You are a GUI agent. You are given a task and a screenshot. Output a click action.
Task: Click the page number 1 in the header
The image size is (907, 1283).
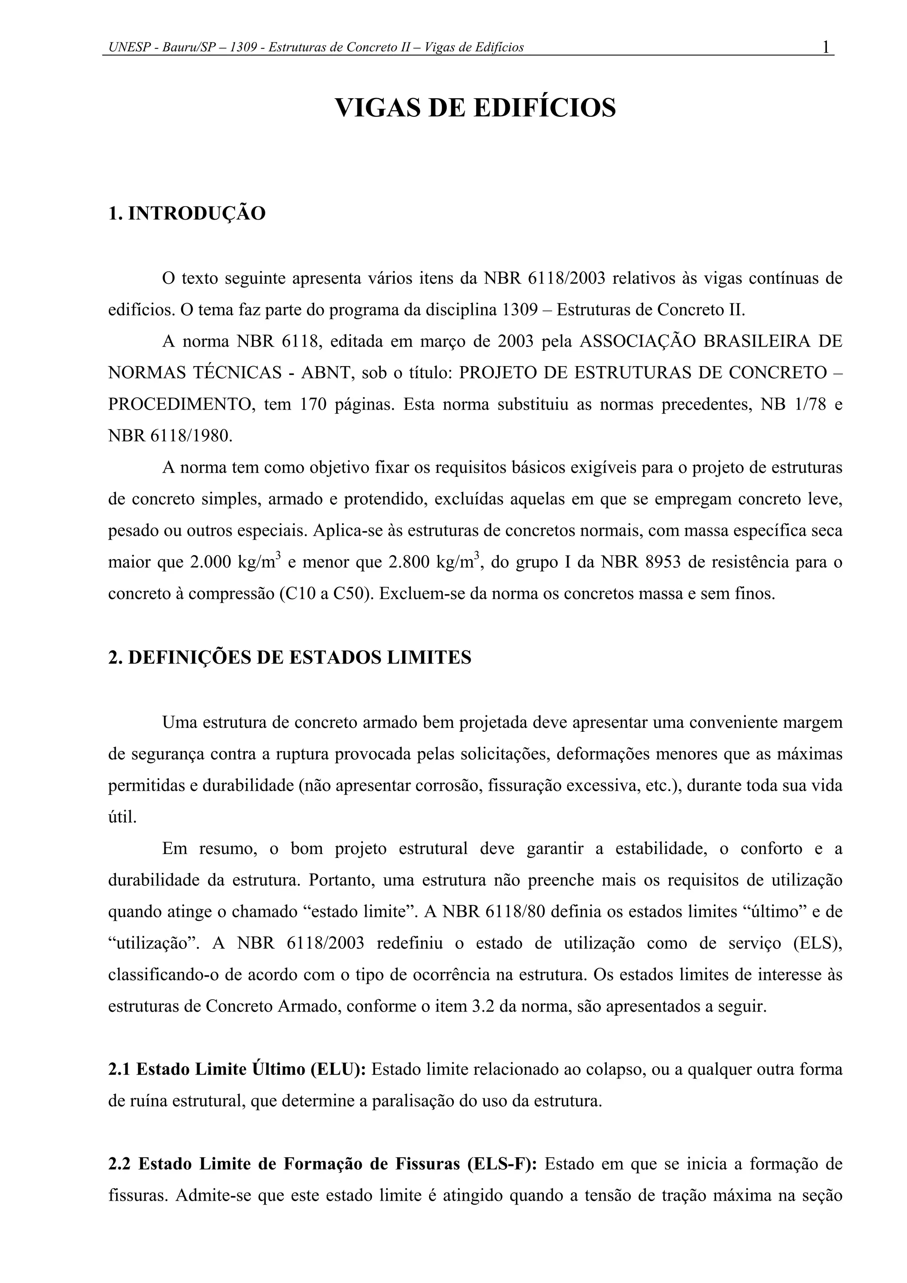(825, 47)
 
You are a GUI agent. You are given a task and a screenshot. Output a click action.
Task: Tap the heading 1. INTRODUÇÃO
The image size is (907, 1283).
(186, 213)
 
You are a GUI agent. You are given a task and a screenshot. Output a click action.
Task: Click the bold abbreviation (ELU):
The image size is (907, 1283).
(338, 1070)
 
